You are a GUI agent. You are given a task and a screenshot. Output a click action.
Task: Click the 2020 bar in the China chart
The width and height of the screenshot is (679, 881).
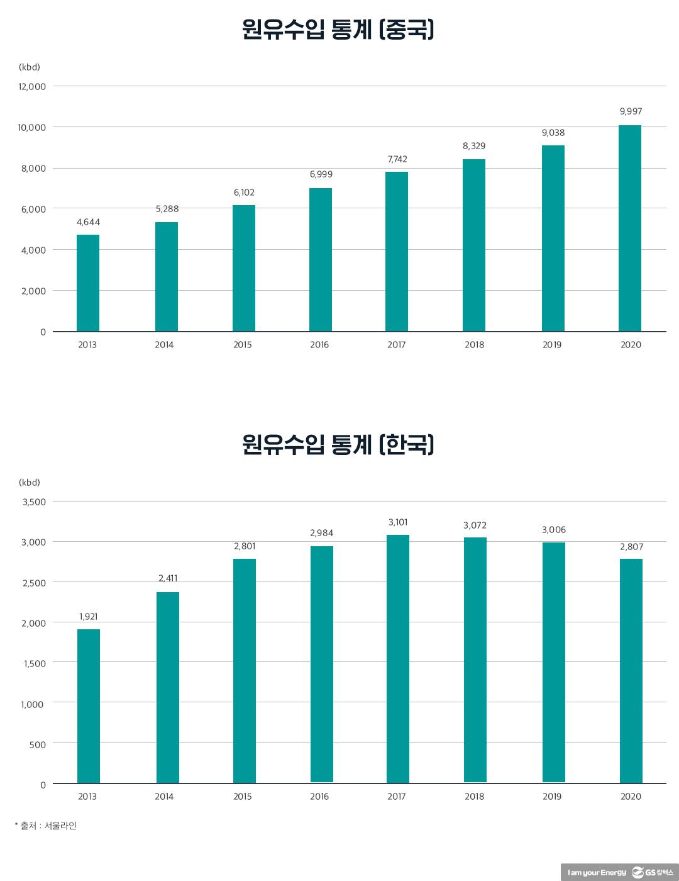coord(629,228)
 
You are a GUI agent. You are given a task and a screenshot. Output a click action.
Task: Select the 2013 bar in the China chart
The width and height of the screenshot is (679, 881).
coord(88,283)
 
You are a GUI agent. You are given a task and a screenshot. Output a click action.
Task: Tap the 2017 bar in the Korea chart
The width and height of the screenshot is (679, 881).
coord(397,659)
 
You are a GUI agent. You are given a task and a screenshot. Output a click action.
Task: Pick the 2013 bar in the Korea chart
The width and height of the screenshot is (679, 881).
coord(89,706)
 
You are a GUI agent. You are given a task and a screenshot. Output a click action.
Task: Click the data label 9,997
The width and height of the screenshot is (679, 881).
coord(631,111)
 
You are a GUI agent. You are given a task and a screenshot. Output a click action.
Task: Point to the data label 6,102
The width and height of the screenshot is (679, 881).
coord(244,193)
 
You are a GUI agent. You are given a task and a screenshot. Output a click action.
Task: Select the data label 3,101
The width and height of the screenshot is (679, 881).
coord(397,522)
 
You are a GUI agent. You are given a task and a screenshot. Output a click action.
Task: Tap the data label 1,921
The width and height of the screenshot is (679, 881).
coord(89,617)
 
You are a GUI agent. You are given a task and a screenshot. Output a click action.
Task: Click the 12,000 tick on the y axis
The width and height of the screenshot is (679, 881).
coord(31,87)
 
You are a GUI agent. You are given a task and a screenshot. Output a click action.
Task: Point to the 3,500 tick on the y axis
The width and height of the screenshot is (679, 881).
coord(34,502)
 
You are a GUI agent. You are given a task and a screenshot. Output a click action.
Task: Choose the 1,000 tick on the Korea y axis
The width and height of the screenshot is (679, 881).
coord(32,704)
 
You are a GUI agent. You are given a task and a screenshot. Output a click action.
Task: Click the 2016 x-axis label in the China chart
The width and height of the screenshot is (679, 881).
coord(319,345)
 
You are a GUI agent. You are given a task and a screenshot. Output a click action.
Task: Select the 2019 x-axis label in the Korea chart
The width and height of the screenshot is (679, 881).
coord(552,797)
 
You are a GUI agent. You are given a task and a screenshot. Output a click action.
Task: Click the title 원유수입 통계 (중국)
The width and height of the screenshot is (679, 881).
coord(338,30)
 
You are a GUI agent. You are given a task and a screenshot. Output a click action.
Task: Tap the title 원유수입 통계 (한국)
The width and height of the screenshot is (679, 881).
coord(338,445)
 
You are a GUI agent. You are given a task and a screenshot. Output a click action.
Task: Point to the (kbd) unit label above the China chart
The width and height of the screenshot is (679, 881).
coord(30,67)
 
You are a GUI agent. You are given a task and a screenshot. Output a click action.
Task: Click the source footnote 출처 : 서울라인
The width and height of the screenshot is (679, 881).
coord(47,826)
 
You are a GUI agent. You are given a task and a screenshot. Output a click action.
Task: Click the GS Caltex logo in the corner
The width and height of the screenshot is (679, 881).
coord(654,872)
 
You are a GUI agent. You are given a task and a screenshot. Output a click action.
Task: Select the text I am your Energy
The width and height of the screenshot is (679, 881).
coord(597,872)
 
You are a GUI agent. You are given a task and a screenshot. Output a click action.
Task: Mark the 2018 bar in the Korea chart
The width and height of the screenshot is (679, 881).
coord(475,660)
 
